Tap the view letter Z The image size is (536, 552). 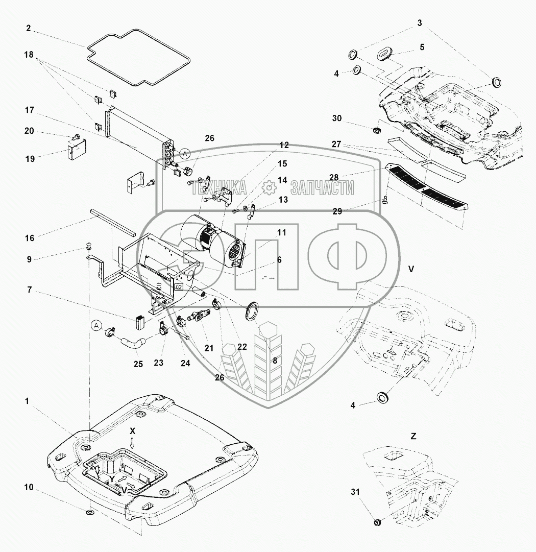click(x=413, y=436)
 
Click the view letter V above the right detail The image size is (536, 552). click(x=411, y=268)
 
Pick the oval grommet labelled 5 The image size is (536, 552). click(x=386, y=54)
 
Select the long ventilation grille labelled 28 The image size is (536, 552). click(x=426, y=187)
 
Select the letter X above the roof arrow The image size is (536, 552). click(x=132, y=431)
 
